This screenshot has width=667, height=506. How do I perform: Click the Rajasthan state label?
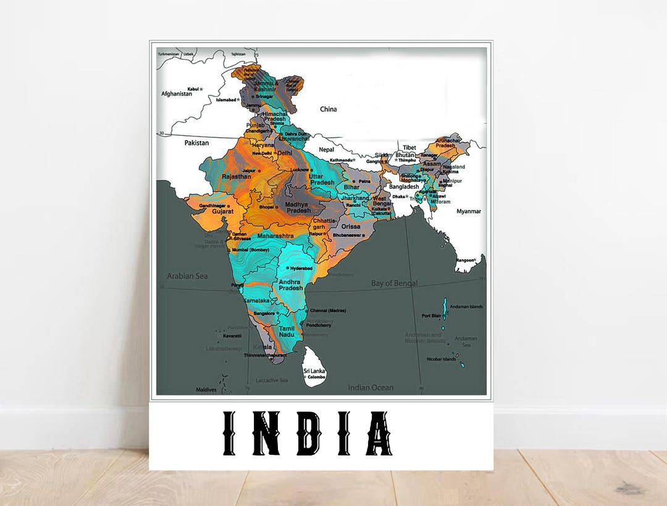[237, 176]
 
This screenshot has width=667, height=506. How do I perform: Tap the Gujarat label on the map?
[223, 212]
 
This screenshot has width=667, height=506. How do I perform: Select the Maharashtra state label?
[275, 236]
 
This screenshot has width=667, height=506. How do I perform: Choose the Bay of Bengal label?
[394, 283]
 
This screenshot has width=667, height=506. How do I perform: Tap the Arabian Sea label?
[187, 276]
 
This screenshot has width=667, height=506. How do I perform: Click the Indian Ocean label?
[371, 388]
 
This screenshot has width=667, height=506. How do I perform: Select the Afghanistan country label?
[177, 94]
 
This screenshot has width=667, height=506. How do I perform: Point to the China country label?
[329, 109]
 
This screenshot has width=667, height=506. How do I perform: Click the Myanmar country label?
[469, 211]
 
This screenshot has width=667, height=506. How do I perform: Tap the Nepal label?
[326, 149]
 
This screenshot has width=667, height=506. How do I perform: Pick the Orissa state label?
[351, 226]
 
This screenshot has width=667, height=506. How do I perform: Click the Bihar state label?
[352, 187]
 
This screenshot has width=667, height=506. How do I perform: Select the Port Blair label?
[430, 315]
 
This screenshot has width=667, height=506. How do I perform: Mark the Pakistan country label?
[196, 143]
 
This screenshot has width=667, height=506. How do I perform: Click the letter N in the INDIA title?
[267, 433]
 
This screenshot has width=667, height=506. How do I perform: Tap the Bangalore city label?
[264, 313]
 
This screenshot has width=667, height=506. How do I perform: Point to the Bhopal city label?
[266, 207]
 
